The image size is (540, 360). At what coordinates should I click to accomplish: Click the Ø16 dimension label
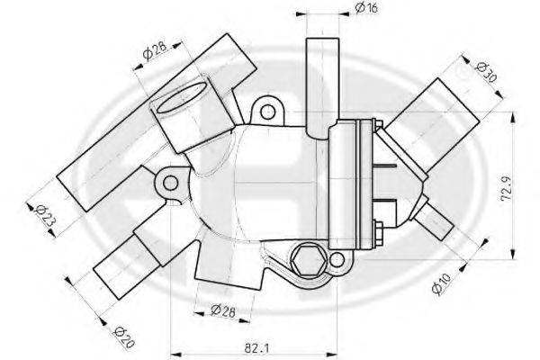[x=367, y=7]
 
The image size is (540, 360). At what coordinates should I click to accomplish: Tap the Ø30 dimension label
[x=486, y=73]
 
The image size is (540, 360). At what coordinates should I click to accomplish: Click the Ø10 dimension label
[x=441, y=283]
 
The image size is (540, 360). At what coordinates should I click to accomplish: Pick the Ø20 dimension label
[x=124, y=337]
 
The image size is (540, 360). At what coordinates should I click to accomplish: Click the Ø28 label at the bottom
[x=223, y=311]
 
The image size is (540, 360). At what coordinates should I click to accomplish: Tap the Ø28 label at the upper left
[x=155, y=50]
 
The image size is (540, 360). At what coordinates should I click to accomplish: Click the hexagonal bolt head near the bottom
[x=308, y=260]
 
